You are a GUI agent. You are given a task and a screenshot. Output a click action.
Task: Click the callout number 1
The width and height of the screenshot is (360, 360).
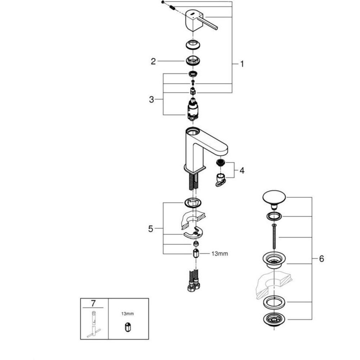[242, 64]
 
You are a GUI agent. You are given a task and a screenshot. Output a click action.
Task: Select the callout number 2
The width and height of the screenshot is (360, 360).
[153, 62]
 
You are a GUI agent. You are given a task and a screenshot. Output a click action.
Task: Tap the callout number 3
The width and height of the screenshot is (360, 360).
[152, 99]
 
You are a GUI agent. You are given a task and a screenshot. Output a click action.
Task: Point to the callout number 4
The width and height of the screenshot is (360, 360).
[242, 170]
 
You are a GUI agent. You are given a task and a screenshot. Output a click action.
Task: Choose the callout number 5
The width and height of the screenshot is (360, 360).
[152, 228]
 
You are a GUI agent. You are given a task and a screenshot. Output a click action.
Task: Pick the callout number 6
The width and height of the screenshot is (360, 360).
[321, 258]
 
